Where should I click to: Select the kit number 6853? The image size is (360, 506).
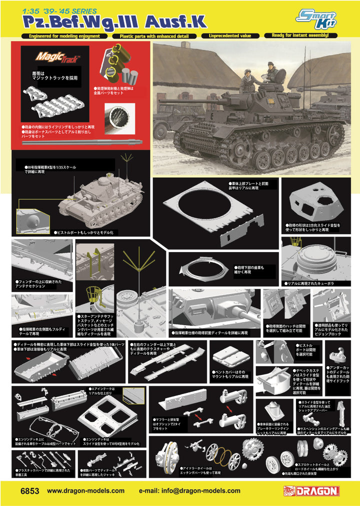(29, 491)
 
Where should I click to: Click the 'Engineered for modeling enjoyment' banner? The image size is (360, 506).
(64, 36)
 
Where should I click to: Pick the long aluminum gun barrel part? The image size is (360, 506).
(82, 141)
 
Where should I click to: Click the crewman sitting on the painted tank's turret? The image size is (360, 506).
(272, 74)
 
